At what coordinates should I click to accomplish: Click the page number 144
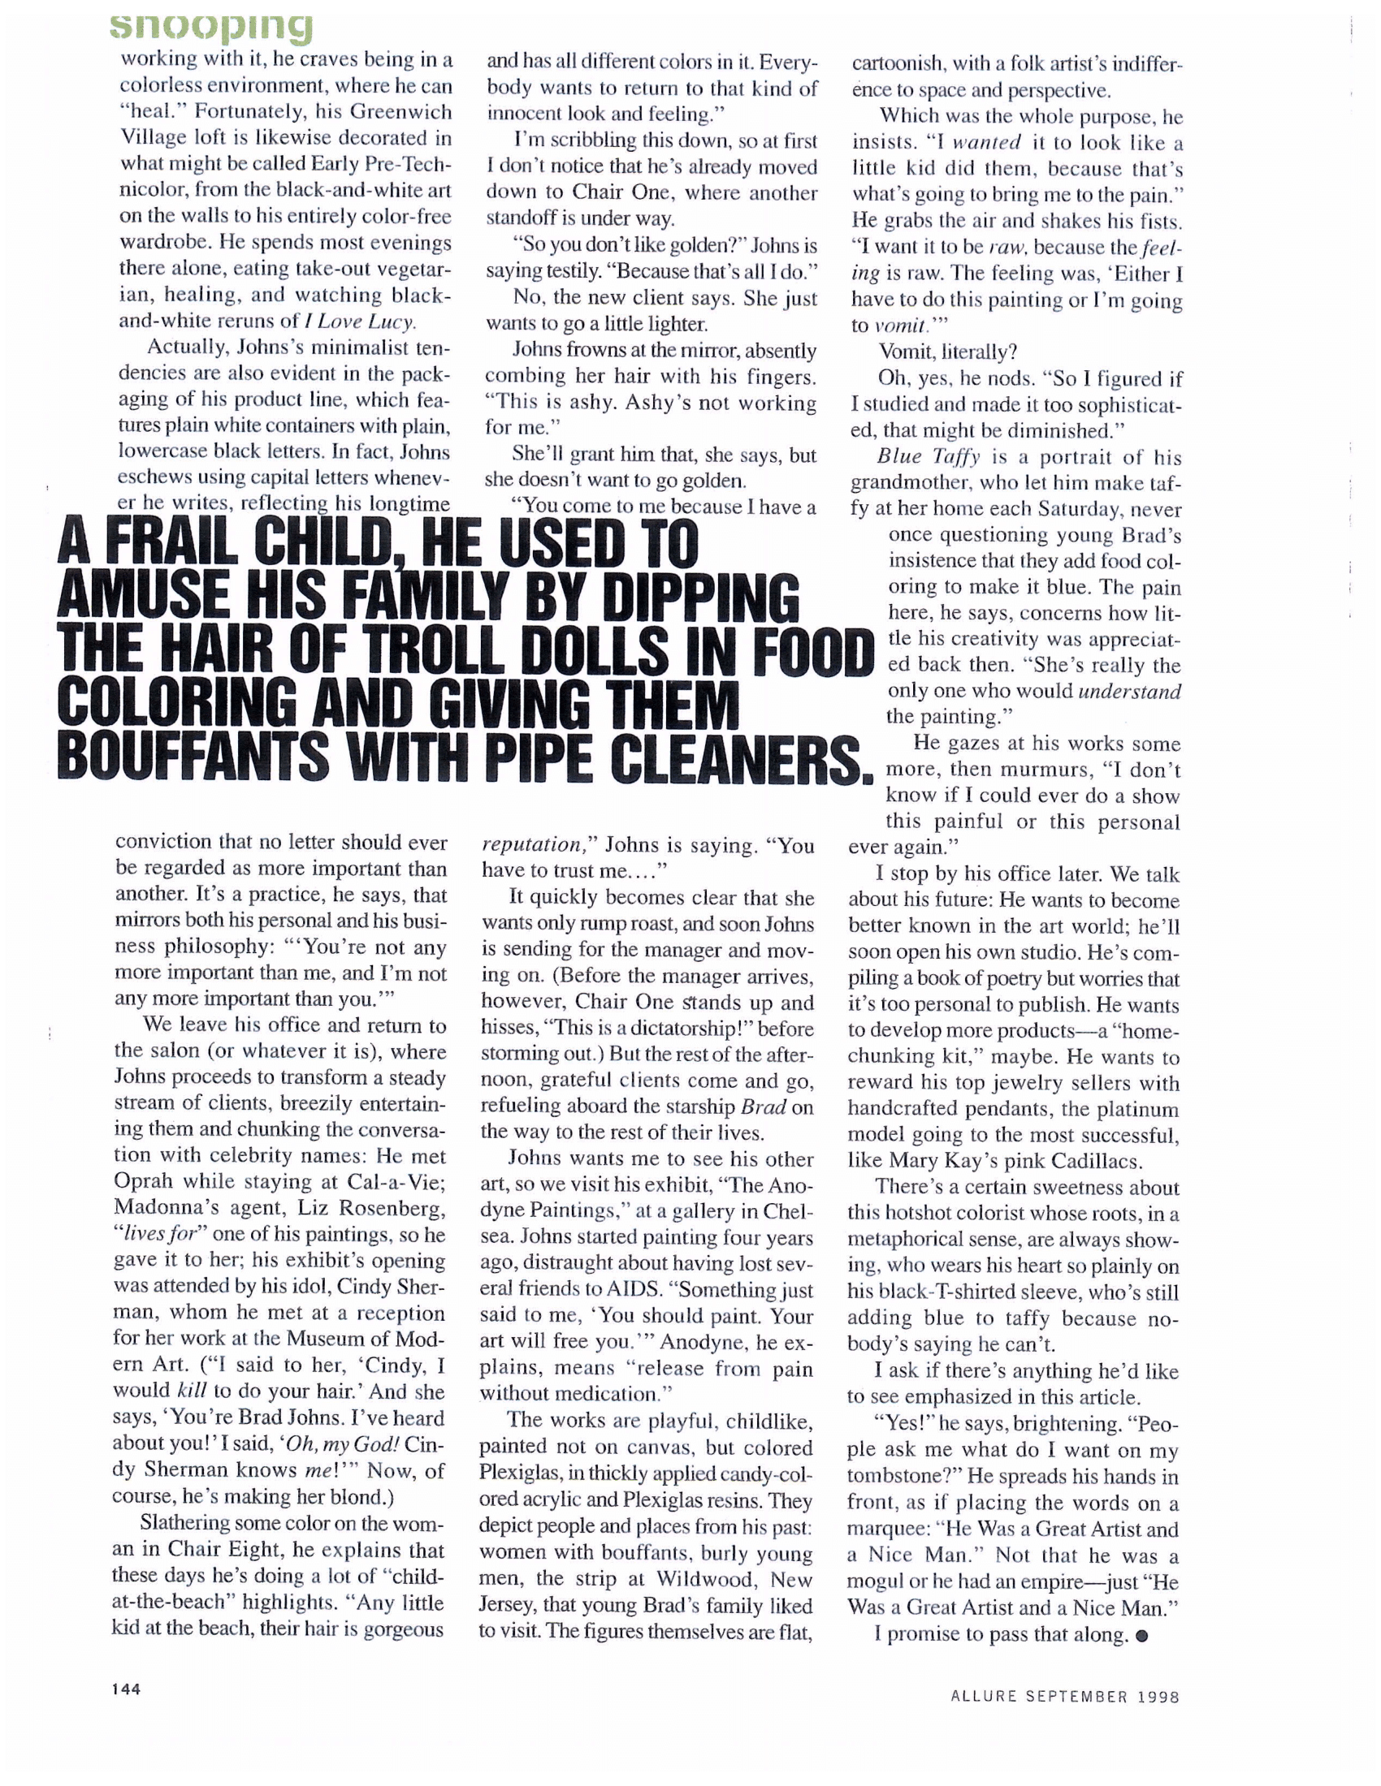126,1689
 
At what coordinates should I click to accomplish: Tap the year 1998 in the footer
1158,1697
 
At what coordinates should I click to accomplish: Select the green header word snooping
212,26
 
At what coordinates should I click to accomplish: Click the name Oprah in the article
144,1182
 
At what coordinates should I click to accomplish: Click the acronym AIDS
632,1290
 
